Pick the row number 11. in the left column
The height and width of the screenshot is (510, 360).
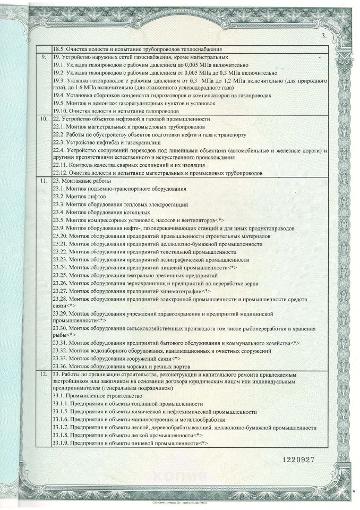pyautogui.click(x=45, y=181)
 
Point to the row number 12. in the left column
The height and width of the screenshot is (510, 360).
pyautogui.click(x=45, y=375)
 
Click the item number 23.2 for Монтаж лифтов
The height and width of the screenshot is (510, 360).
pyautogui.click(x=59, y=197)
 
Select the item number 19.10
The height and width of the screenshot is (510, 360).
pyautogui.click(x=61, y=111)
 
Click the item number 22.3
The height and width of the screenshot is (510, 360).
pyautogui.click(x=59, y=142)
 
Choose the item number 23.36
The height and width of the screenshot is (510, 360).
pyautogui.click(x=61, y=367)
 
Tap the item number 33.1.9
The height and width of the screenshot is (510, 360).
pyautogui.click(x=62, y=443)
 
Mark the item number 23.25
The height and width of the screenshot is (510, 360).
pyautogui.click(x=61, y=275)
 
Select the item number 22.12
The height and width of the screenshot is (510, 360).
pyautogui.click(x=61, y=173)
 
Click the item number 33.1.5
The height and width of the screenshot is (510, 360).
pyautogui.click(x=62, y=412)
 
